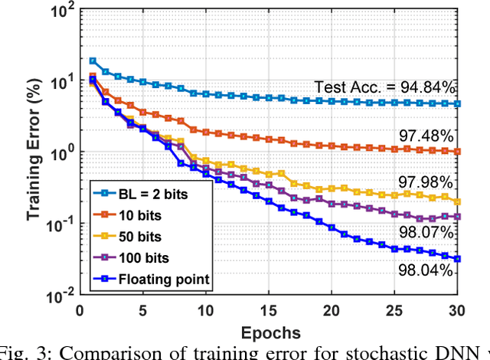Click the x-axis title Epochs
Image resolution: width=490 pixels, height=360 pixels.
pyautogui.click(x=269, y=332)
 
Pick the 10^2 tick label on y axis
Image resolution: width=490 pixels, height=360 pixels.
pyautogui.click(x=60, y=11)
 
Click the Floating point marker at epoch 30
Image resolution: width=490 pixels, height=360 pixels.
pyautogui.click(x=458, y=259)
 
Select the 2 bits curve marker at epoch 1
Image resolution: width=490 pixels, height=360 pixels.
pyautogui.click(x=93, y=61)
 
